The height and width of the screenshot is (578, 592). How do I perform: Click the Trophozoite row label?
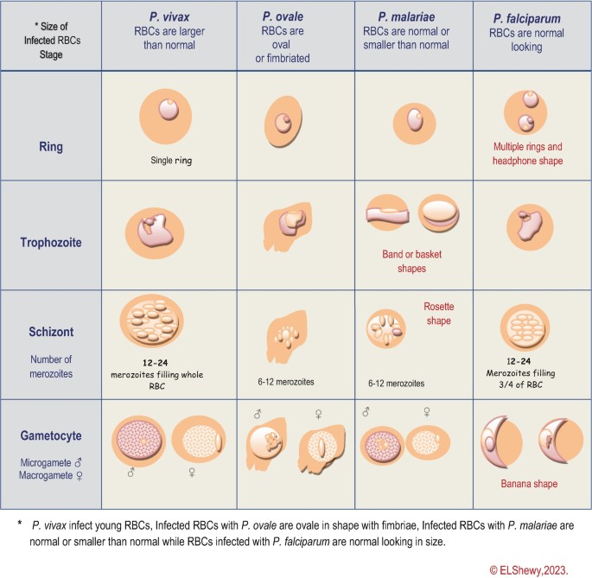(50, 243)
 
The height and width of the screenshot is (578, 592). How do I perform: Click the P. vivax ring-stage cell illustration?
(167, 118)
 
